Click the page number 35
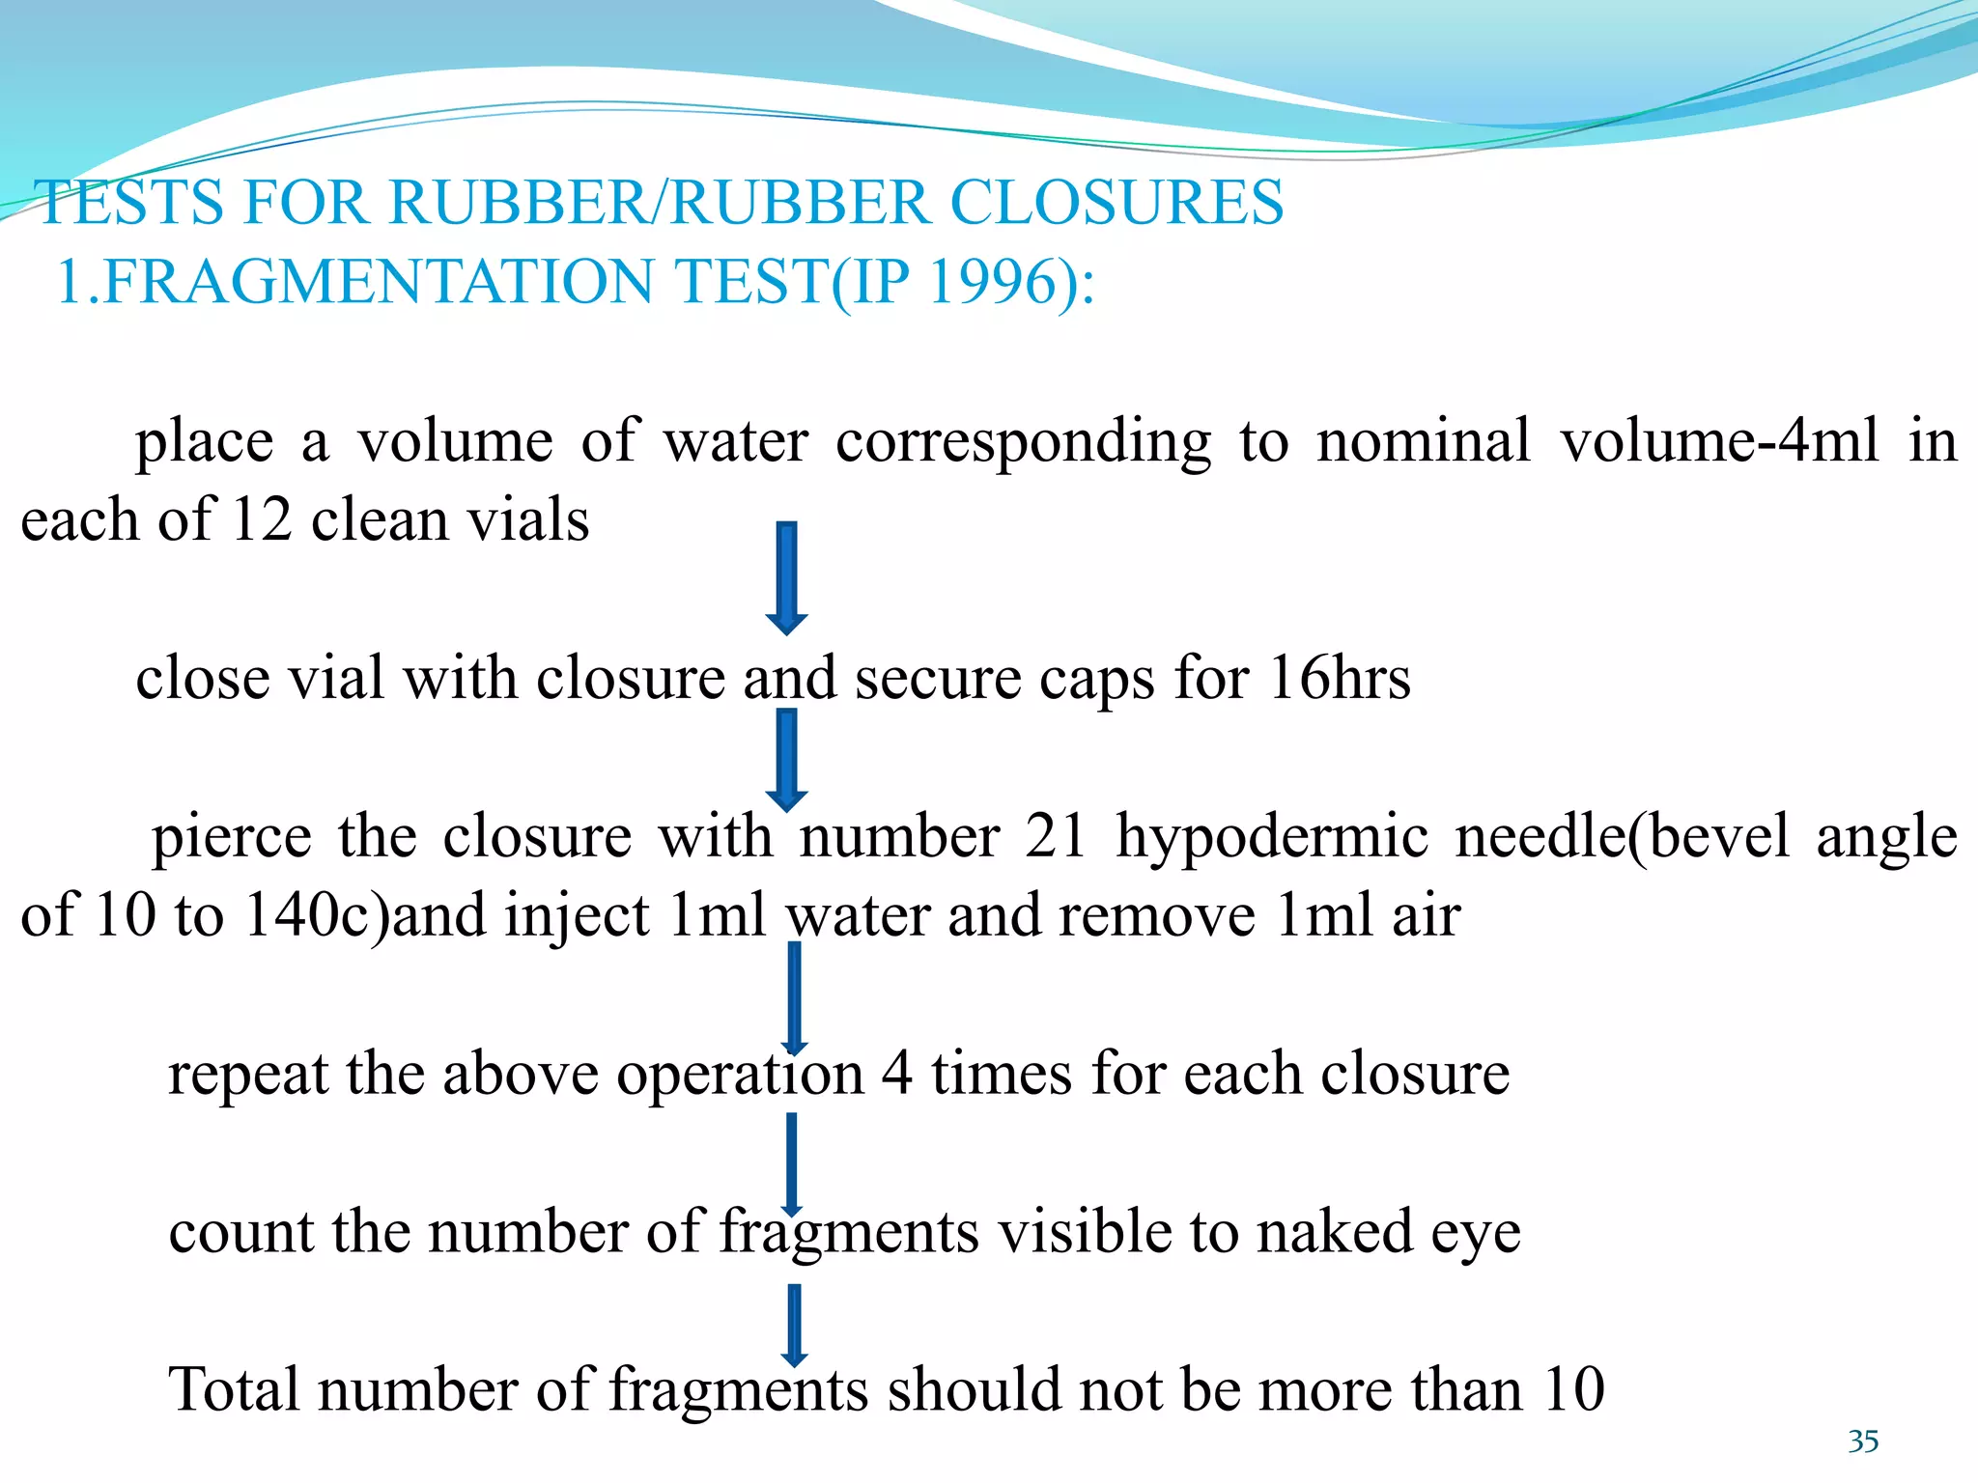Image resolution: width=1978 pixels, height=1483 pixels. pos(1863,1441)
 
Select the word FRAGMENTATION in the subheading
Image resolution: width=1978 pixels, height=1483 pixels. pos(377,282)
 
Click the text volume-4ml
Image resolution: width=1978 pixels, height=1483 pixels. pos(1720,442)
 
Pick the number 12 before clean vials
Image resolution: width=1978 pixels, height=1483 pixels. pos(262,520)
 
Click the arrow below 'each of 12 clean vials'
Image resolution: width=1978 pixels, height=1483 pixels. pos(787,577)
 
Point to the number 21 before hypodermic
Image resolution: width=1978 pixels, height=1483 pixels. pos(1056,836)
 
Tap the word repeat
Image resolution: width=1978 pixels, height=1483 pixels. pos(247,1075)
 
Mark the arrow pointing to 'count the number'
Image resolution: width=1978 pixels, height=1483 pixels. pos(792,1164)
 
